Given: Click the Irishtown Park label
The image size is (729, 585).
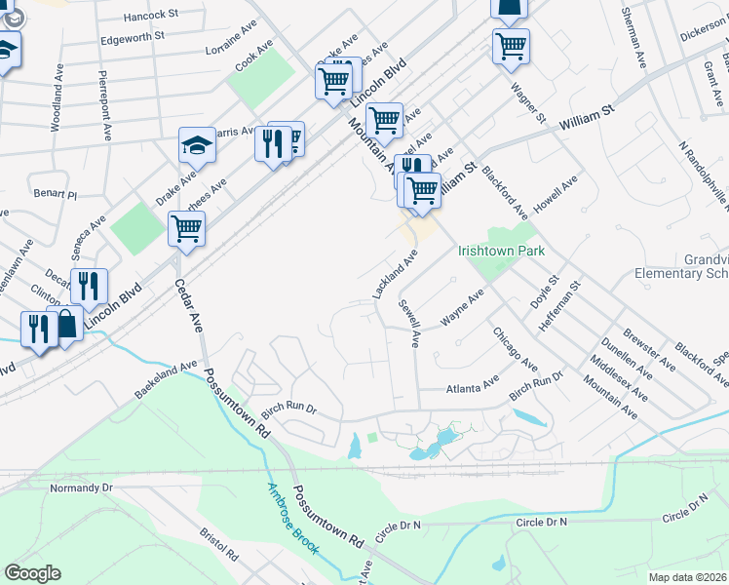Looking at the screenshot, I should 501,251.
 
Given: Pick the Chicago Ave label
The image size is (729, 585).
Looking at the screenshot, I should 515,348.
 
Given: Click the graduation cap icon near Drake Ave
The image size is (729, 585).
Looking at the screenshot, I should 197,146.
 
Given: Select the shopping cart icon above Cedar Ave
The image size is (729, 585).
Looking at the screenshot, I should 186,230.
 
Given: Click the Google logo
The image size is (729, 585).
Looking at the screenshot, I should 32,573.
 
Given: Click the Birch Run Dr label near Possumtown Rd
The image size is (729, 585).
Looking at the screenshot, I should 289,410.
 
